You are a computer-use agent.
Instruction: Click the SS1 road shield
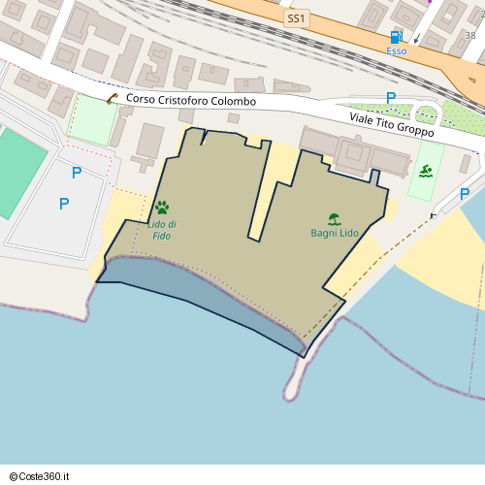click(296, 18)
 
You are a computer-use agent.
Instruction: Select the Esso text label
click(397, 50)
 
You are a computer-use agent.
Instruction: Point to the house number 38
click(470, 35)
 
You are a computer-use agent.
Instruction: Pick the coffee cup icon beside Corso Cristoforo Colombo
click(113, 98)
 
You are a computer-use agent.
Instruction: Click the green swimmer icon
click(426, 172)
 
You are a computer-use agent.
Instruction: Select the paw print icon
click(161, 208)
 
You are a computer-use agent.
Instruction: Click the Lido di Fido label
click(161, 230)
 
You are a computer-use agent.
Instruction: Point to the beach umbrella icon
click(334, 219)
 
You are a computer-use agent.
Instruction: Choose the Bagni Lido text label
click(334, 233)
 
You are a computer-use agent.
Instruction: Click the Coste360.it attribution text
click(47, 476)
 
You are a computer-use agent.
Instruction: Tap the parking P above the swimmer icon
click(391, 98)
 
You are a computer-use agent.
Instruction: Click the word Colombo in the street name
click(234, 101)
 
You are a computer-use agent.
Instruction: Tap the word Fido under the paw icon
click(161, 236)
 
